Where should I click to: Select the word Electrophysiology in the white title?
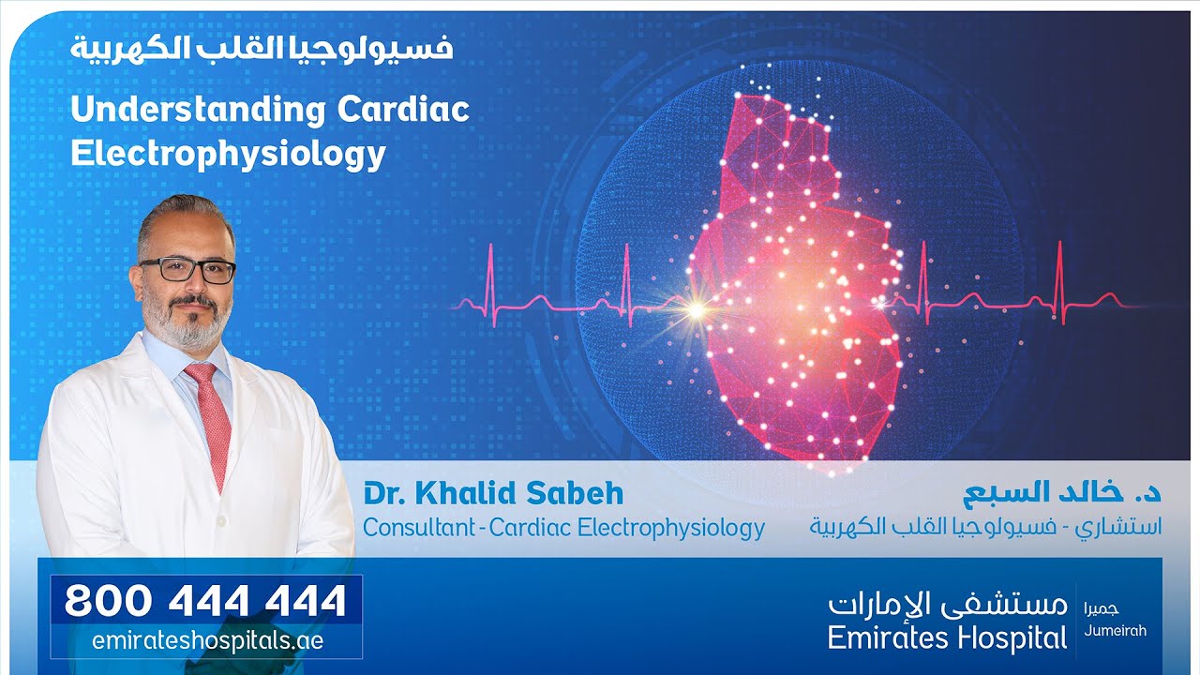(228, 154)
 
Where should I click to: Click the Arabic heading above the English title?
(261, 47)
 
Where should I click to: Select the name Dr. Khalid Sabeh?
(493, 494)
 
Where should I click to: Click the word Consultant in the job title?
(418, 528)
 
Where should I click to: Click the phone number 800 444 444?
(205, 601)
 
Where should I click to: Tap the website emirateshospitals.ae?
(207, 641)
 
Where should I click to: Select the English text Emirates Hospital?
(947, 639)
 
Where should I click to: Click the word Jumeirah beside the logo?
(1114, 631)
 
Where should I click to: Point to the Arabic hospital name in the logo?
(947, 605)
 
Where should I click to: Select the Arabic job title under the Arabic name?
(985, 527)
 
